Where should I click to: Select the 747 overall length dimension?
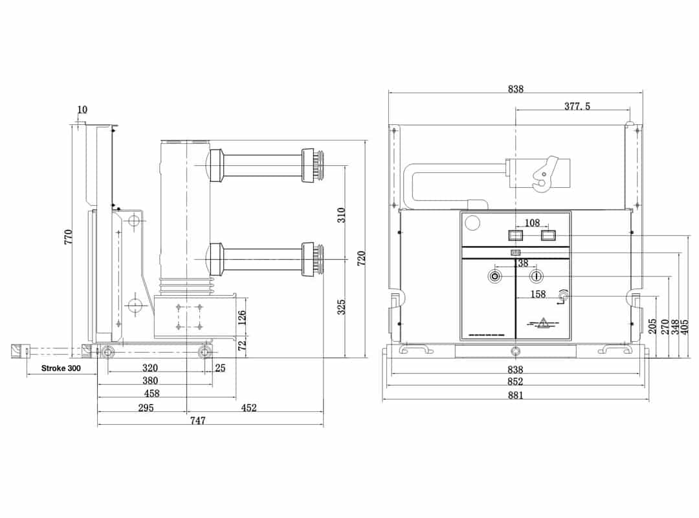pyautogui.click(x=198, y=420)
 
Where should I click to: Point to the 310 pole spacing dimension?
pyautogui.click(x=341, y=214)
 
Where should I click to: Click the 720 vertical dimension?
pyautogui.click(x=361, y=258)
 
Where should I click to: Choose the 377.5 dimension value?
pyautogui.click(x=577, y=106)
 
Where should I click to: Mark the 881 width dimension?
pyautogui.click(x=515, y=394)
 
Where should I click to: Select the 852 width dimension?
pyautogui.click(x=515, y=381)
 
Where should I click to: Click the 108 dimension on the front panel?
pyautogui.click(x=532, y=223)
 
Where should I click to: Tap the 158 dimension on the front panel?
pyautogui.click(x=538, y=294)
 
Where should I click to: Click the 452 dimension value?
pyautogui.click(x=249, y=407)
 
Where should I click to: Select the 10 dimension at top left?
pyautogui.click(x=82, y=109)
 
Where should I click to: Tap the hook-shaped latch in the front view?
pyautogui.click(x=543, y=174)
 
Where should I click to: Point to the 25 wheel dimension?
pyautogui.click(x=220, y=368)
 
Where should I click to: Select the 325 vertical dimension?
pyautogui.click(x=341, y=306)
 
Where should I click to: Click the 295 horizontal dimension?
pyautogui.click(x=146, y=407)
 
